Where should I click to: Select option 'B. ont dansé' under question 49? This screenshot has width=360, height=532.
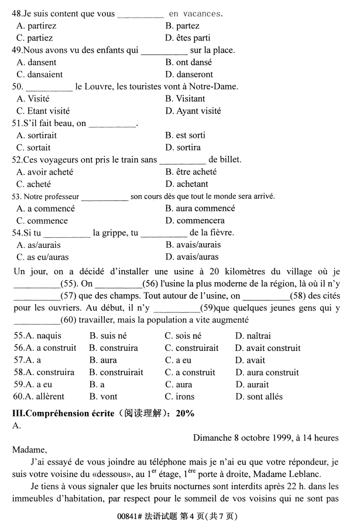[188, 62]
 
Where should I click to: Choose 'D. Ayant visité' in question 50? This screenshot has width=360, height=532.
[193, 111]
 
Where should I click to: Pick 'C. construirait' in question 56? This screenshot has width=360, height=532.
[191, 348]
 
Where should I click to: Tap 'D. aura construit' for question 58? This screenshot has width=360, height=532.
[267, 373]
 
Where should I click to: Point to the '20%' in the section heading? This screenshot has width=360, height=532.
[184, 413]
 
